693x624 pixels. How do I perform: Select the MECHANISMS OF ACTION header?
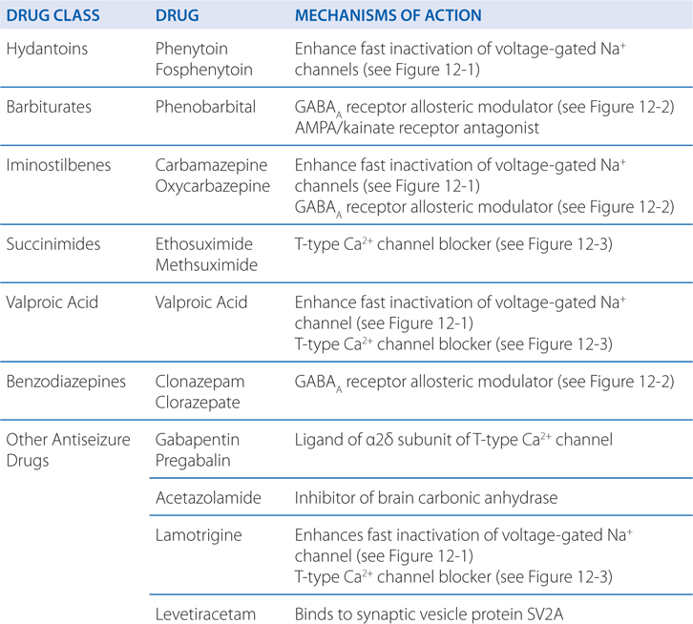click(388, 16)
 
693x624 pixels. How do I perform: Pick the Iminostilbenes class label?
click(58, 165)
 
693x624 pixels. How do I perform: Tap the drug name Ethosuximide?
click(201, 243)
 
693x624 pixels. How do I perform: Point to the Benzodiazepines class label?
click(65, 381)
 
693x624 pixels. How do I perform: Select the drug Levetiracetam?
click(204, 614)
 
